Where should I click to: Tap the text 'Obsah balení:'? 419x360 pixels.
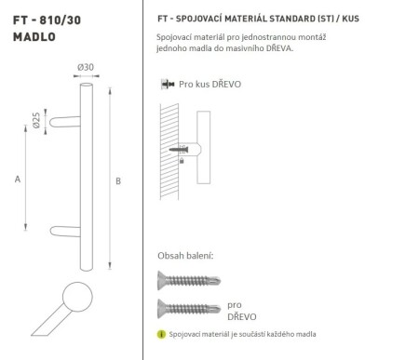(x=186, y=254)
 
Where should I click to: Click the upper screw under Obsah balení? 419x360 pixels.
(x=186, y=278)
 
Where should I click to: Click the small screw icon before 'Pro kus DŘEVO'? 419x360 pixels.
(x=168, y=84)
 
